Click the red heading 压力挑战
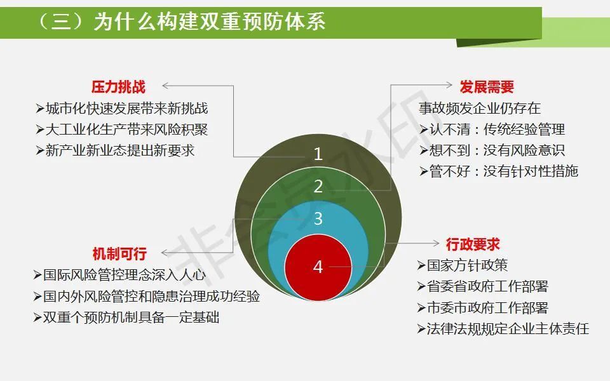click(x=118, y=87)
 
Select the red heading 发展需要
click(x=487, y=87)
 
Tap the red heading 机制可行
click(x=119, y=253)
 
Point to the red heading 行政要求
click(x=473, y=244)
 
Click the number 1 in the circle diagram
click(x=318, y=154)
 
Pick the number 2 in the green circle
click(x=318, y=187)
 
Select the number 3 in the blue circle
click(x=318, y=218)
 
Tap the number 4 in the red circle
click(x=318, y=267)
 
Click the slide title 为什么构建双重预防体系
click(x=210, y=21)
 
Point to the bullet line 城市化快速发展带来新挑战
click(x=122, y=109)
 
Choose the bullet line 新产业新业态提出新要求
click(x=115, y=150)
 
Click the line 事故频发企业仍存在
click(x=480, y=108)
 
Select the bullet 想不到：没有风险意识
click(x=492, y=150)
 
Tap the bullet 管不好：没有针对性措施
click(x=499, y=171)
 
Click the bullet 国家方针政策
click(x=463, y=265)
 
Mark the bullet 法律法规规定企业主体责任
click(x=503, y=329)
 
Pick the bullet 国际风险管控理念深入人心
click(x=119, y=275)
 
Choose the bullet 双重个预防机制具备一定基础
click(x=126, y=317)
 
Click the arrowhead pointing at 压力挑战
click(x=165, y=86)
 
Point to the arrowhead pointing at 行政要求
click(x=437, y=243)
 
